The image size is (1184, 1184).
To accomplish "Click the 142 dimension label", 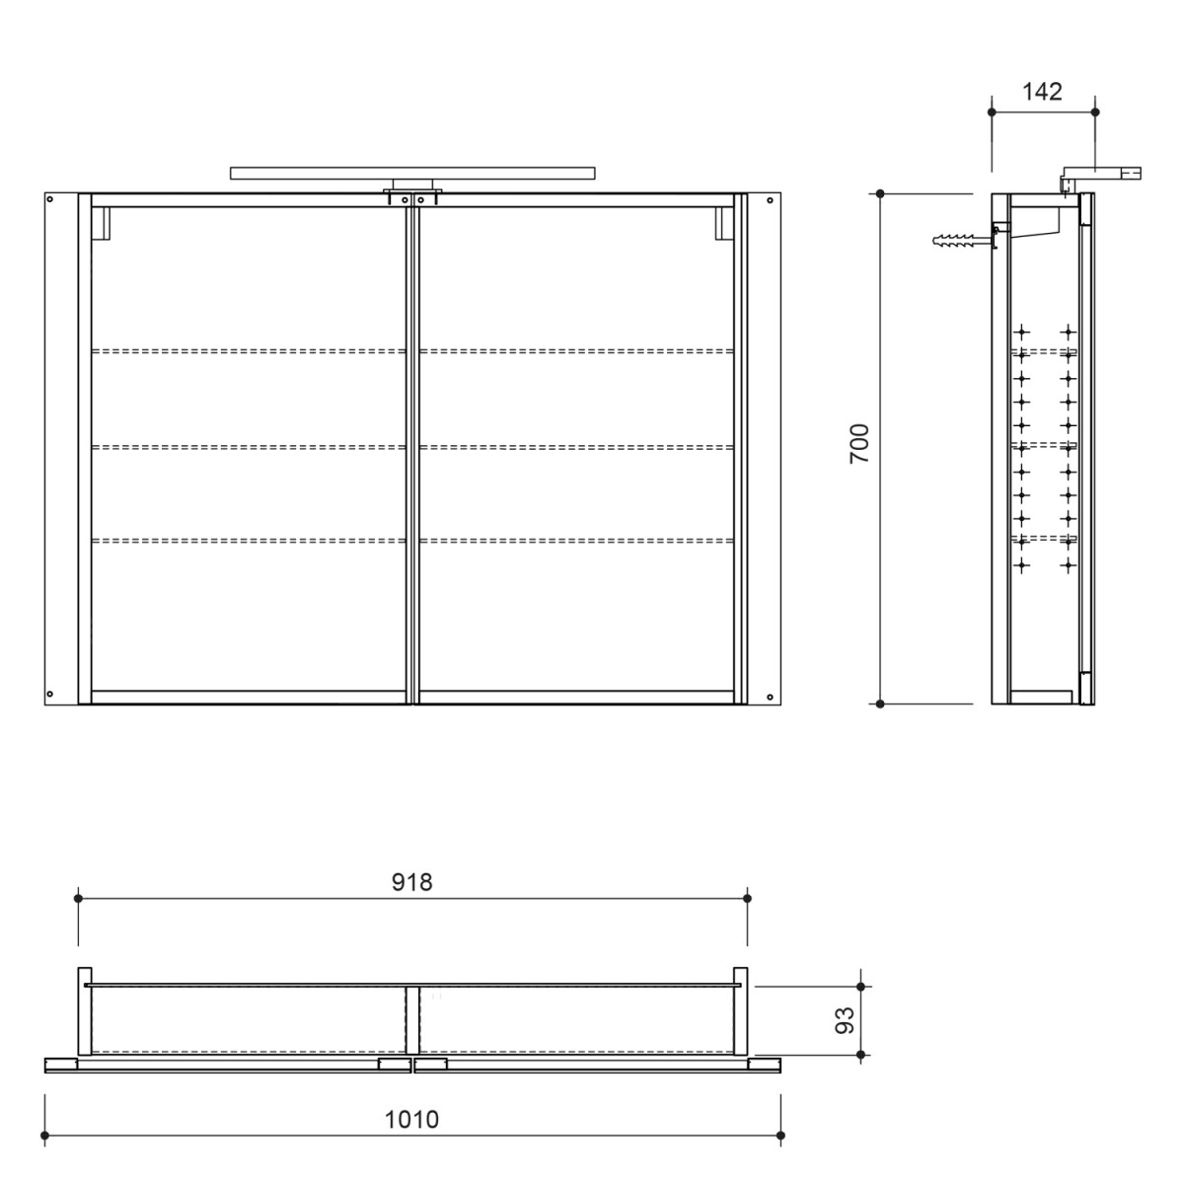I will (x=1042, y=92).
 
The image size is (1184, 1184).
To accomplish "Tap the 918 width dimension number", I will (x=412, y=882).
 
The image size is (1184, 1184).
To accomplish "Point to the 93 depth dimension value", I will (x=844, y=1020).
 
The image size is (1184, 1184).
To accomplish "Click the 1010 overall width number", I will (x=412, y=1120).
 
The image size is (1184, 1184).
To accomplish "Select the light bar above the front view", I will (x=412, y=173).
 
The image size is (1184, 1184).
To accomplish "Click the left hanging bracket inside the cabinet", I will (x=100, y=223).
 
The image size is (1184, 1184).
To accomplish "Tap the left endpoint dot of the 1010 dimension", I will (x=46, y=1136).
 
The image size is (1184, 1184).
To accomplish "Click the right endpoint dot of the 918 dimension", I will (x=747, y=898).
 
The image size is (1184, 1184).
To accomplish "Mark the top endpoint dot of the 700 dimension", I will (x=880, y=194).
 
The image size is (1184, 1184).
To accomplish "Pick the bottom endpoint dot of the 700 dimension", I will (x=880, y=703).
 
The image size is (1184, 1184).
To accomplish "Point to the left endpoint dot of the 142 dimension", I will (x=991, y=112).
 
